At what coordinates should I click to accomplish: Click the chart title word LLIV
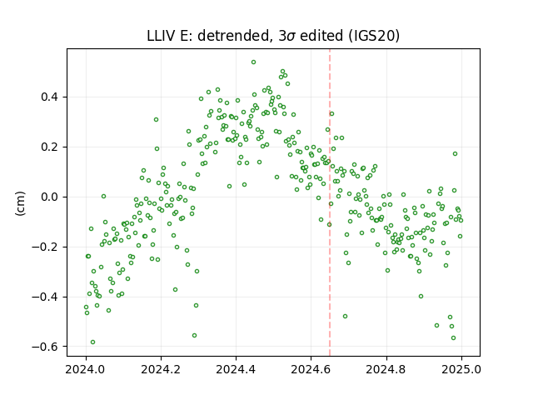[159, 36]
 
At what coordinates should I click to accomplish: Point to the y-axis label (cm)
[20, 203]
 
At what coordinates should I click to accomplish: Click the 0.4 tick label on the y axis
[49, 97]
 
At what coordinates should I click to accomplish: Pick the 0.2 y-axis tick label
[49, 147]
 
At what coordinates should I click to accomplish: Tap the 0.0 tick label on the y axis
[49, 197]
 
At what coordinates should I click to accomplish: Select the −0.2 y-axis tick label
[45, 247]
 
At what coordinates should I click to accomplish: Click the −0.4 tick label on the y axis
[45, 297]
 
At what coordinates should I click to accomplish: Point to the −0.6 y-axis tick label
[45, 347]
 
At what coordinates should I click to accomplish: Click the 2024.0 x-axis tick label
[86, 369]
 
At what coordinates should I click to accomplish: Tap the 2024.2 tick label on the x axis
[161, 369]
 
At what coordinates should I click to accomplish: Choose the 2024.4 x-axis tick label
[236, 369]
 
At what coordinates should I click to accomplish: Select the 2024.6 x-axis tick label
[311, 369]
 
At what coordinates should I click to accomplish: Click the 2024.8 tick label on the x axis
[386, 369]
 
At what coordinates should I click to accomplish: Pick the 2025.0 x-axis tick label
[461, 369]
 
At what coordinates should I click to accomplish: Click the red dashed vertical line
[330, 202]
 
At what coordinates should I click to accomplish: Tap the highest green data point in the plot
[253, 62]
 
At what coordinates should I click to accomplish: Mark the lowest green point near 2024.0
[92, 342]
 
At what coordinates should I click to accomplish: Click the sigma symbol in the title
[291, 37]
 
